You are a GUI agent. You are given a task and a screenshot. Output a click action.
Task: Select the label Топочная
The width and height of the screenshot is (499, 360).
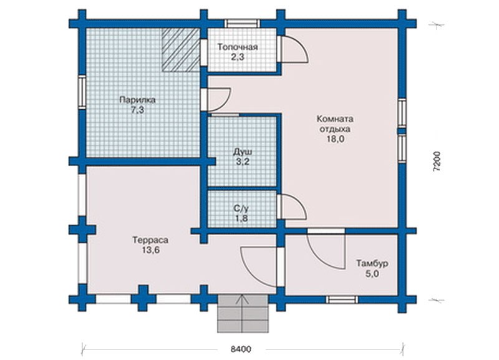(238, 47)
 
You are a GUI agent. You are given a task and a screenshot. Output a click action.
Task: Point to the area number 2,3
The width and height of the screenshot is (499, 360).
(238, 57)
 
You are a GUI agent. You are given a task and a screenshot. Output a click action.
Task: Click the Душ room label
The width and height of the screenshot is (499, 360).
(243, 151)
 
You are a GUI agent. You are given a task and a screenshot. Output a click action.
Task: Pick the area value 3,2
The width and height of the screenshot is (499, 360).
(243, 162)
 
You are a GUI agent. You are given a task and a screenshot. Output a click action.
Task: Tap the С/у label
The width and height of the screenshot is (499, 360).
(241, 208)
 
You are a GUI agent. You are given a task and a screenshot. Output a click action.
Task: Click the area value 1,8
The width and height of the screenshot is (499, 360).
(241, 218)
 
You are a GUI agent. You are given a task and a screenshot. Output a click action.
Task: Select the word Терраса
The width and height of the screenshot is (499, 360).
(150, 240)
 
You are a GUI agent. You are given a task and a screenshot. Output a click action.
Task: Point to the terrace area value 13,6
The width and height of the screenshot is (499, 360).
(150, 251)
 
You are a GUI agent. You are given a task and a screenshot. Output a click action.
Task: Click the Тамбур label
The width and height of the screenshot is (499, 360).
(372, 263)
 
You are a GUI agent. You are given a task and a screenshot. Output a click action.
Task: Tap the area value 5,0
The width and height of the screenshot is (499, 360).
(372, 274)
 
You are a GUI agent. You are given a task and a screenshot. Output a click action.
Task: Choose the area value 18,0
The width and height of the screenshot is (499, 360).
(335, 139)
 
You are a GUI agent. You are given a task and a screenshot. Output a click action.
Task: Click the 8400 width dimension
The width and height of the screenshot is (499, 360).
(241, 349)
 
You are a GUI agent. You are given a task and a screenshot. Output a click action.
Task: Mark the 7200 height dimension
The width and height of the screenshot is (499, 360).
(437, 162)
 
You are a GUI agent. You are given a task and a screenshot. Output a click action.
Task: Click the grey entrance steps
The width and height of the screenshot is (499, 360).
(243, 314)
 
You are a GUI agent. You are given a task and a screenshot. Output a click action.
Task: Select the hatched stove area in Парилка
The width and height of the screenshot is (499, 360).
(180, 50)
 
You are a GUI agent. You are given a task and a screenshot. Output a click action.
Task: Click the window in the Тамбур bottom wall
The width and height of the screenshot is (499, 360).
(342, 300)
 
